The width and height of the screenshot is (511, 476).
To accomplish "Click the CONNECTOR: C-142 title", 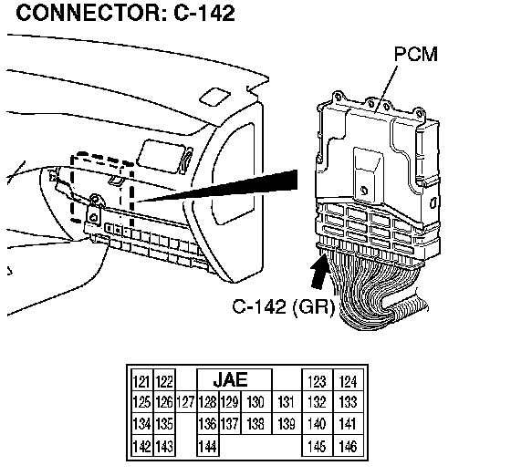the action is click(126, 14).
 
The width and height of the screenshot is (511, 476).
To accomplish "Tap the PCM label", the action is click(415, 54).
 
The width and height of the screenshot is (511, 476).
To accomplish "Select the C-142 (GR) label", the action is click(283, 306).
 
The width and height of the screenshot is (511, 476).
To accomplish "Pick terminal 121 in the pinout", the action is click(141, 381).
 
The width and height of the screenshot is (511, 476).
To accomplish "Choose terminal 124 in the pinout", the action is click(348, 381).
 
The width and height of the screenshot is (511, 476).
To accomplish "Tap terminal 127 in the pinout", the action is click(186, 402).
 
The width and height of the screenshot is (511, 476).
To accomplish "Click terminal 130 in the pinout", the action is click(255, 402).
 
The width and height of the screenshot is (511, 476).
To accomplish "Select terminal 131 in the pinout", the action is click(287, 402).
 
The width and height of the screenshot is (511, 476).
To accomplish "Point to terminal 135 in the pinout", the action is click(164, 424).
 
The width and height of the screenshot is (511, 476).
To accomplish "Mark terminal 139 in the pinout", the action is click(287, 424).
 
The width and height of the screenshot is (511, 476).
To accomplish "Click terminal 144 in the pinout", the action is click(208, 446).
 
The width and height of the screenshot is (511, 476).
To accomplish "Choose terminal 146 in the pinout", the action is click(348, 446).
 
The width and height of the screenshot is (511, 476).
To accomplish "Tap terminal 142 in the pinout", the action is click(141, 446).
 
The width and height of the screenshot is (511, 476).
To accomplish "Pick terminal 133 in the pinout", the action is click(348, 402).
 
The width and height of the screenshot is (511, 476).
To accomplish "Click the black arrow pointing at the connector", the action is click(318, 272).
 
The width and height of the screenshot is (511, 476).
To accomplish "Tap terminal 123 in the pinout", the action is click(318, 381).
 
